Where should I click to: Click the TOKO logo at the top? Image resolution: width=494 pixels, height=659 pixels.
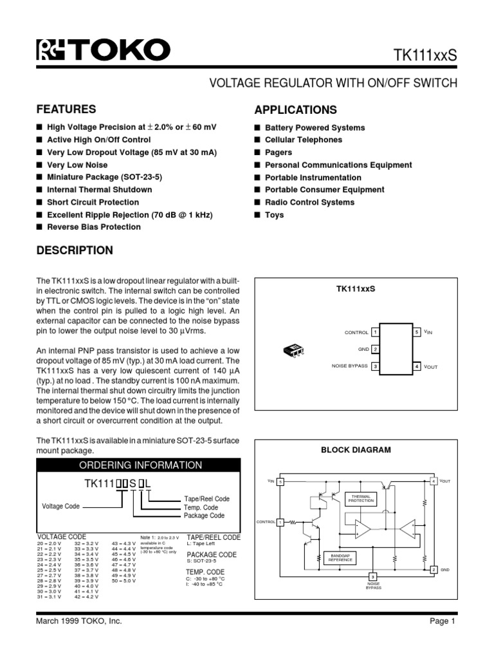tap(103, 50)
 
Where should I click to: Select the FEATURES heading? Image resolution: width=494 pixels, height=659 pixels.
tap(66, 109)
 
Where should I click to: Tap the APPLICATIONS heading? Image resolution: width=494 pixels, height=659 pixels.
tap(295, 109)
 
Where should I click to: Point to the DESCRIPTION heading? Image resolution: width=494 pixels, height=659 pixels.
tap(75, 250)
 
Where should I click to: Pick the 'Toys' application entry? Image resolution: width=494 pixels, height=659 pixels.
tap(274, 214)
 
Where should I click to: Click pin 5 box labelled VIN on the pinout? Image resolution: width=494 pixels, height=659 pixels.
tap(417, 331)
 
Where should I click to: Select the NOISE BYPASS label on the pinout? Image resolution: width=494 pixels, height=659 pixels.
tap(349, 366)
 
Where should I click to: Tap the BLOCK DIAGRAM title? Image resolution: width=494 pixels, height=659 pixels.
tap(356, 450)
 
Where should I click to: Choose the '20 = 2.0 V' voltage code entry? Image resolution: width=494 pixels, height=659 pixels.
tap(50, 544)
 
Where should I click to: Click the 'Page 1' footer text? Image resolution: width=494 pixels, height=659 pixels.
tap(442, 639)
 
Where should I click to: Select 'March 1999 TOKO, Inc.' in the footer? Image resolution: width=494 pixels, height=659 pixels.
tap(79, 639)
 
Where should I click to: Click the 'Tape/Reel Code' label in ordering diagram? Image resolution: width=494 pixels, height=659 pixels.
tap(206, 499)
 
